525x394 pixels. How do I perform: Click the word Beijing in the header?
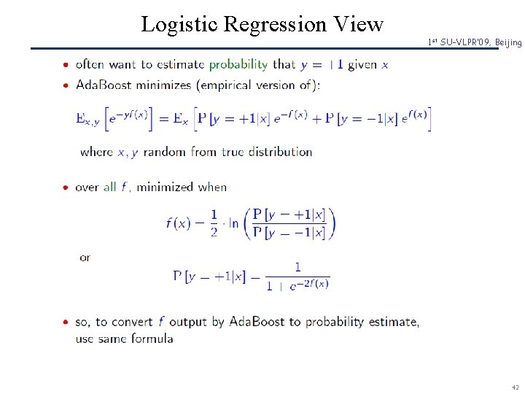coord(508,43)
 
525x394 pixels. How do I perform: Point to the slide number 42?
coord(515,387)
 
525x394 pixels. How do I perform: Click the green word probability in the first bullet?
coord(238,64)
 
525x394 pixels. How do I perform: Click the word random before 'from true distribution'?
coord(165,152)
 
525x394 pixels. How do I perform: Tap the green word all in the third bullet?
coord(109,187)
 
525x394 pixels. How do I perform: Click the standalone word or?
coord(85,258)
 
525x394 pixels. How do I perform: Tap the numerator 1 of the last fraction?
coord(297,267)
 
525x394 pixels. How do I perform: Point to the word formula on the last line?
coord(152,339)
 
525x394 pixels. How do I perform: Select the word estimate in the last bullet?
coord(392,322)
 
